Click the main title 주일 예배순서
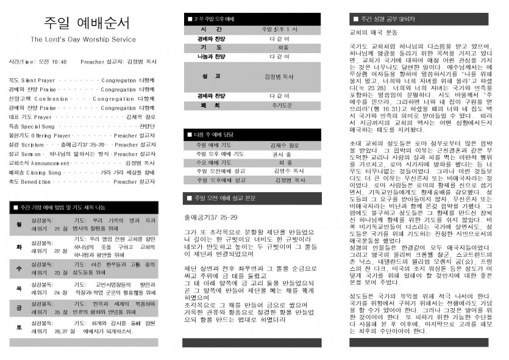point(86,23)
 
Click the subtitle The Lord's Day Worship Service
point(84,40)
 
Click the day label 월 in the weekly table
point(19,224)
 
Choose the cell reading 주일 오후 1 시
point(279,29)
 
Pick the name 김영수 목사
point(283,171)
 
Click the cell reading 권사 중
point(281,154)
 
